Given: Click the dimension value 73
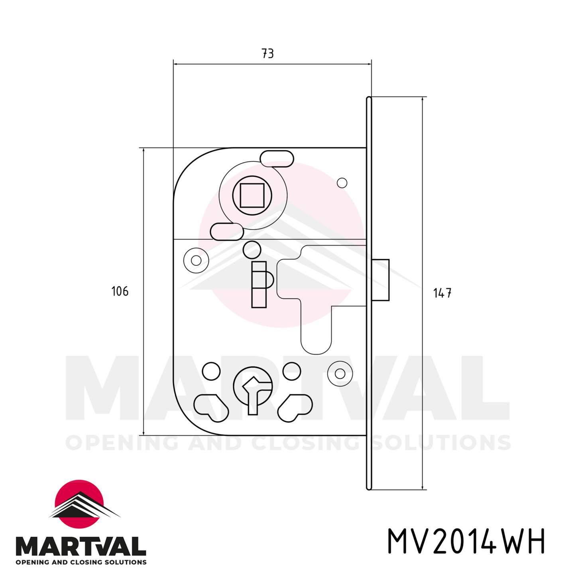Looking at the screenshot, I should [268, 53].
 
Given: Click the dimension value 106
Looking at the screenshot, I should [120, 291].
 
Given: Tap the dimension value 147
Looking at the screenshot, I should [442, 293].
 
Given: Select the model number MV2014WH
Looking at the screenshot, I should [466, 541].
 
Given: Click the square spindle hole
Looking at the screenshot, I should [252, 195].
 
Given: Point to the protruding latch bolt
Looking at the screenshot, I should [381, 280].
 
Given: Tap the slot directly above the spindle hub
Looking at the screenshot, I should [277, 158].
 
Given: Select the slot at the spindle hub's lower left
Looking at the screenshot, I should [227, 232].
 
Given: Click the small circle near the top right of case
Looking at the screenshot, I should [342, 183].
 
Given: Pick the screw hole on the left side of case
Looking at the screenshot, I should [196, 260].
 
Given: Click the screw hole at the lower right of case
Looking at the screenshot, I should [340, 373].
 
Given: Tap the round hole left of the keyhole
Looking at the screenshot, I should [211, 371].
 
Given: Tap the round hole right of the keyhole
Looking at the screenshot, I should [292, 371].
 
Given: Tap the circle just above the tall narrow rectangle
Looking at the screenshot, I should [252, 250].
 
